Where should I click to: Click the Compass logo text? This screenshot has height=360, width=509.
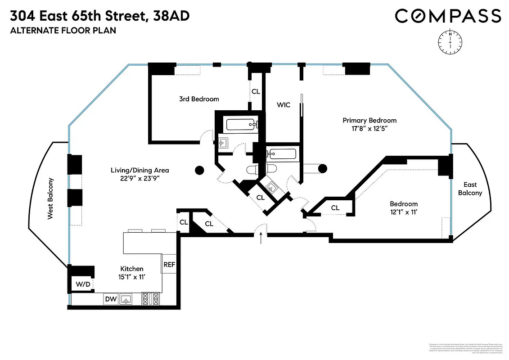pos(448,16)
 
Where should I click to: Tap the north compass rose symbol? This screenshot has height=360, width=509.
pos(450,41)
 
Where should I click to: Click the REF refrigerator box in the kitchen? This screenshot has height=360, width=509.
pos(169,265)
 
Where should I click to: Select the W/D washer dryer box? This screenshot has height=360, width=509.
pos(82,284)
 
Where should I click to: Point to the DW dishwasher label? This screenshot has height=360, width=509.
pos(110,298)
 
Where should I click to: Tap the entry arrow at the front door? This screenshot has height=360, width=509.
pos(261,237)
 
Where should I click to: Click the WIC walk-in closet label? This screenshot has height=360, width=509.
pos(284,105)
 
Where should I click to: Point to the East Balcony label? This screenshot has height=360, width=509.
pos(470,189)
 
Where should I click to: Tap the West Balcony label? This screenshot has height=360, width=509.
pos(50,199)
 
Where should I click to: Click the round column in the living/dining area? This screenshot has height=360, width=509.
pos(199,170)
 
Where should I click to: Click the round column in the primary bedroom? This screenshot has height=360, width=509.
pos(322,169)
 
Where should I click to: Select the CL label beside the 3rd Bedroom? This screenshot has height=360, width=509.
pos(256,91)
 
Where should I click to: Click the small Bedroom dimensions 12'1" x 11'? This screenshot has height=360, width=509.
pos(404,212)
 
